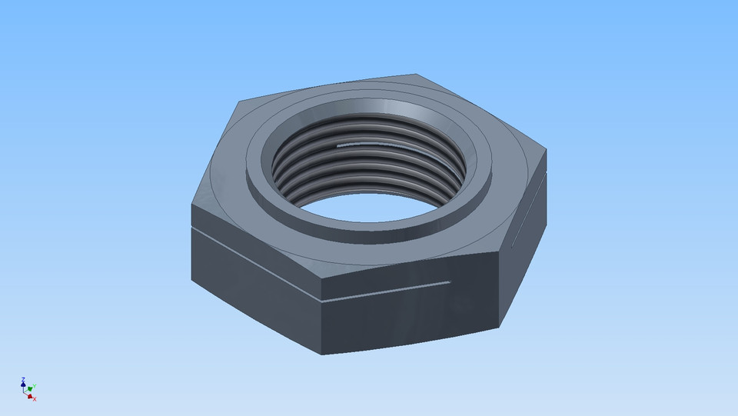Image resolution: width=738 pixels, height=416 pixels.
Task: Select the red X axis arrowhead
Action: [x=30, y=396]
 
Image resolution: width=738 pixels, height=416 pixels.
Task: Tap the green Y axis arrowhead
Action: [x=31, y=388]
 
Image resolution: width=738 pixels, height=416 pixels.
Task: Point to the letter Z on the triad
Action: [x=23, y=378]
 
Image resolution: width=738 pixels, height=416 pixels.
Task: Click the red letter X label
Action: [x=35, y=398]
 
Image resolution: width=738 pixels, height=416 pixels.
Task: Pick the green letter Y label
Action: [x=35, y=385]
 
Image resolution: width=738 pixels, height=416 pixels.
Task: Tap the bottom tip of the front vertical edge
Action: [x=321, y=354]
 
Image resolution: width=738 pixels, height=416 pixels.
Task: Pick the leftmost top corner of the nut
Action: [x=191, y=204]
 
